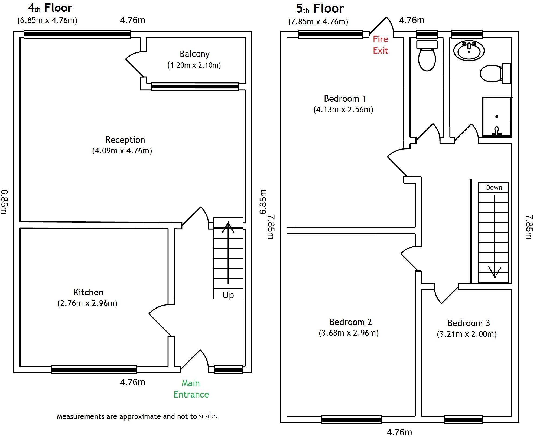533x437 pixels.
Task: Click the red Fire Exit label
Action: click(x=380, y=45)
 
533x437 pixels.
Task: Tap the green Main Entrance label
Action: click(x=191, y=389)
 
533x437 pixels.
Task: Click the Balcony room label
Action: click(x=194, y=54)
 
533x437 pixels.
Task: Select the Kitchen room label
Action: click(x=88, y=292)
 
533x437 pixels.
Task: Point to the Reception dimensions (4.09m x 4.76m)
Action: click(x=122, y=151)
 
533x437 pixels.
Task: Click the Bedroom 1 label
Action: click(x=345, y=98)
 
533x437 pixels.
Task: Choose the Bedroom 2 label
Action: click(x=350, y=322)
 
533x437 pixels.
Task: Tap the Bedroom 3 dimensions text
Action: click(x=467, y=334)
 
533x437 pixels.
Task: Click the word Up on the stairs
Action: click(x=228, y=295)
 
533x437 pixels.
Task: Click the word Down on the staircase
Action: click(x=494, y=187)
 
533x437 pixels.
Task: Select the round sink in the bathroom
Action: click(x=469, y=51)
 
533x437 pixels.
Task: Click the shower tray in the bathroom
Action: click(x=496, y=117)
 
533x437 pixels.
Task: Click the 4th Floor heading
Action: click(x=50, y=8)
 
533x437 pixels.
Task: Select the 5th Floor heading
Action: click(x=320, y=9)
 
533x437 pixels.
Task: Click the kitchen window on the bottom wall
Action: click(x=94, y=369)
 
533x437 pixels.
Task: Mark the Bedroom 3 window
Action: click(x=463, y=420)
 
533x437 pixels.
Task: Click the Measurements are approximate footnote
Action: click(x=137, y=416)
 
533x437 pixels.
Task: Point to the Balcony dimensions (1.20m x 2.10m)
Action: click(x=194, y=65)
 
